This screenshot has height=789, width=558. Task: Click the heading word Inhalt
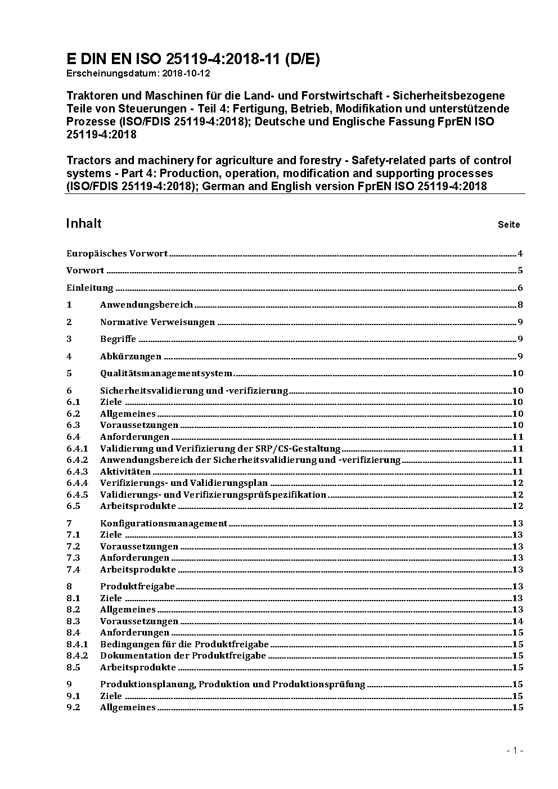tap(84, 223)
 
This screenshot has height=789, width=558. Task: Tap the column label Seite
tap(508, 225)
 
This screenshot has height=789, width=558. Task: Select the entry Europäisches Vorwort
tap(117, 254)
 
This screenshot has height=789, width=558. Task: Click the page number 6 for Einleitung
tap(520, 288)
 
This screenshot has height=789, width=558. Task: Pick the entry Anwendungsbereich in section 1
tap(146, 305)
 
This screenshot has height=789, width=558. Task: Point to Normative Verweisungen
tap(157, 322)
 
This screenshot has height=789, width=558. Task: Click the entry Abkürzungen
tap(130, 357)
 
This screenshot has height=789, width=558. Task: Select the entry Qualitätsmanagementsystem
tap(166, 373)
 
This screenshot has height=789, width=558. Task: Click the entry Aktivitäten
tap(125, 472)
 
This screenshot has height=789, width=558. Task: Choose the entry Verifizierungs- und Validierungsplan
tap(184, 483)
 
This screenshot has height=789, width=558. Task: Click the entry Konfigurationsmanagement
tap(164, 524)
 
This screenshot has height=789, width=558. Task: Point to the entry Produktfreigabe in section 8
tap(137, 587)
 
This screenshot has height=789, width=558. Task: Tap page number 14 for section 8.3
tap(517, 621)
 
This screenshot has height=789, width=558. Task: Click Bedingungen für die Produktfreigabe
tap(184, 644)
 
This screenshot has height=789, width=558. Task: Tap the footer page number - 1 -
tap(515, 750)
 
